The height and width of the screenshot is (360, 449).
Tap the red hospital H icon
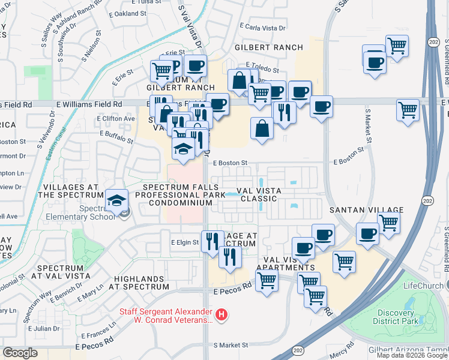click(x=221, y=314)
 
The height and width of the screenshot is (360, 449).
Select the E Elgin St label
click(x=184, y=242)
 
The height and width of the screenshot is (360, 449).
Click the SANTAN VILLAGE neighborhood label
click(x=365, y=211)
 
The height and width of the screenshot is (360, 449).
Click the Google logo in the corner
click(x=20, y=352)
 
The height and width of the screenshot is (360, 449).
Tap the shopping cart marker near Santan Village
click(x=388, y=224)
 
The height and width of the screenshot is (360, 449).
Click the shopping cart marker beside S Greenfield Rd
click(x=408, y=110)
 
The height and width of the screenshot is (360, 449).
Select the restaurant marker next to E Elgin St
click(x=211, y=242)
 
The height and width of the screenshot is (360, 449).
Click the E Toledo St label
click(x=262, y=71)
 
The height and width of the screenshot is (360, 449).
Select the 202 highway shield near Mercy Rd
click(x=298, y=349)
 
